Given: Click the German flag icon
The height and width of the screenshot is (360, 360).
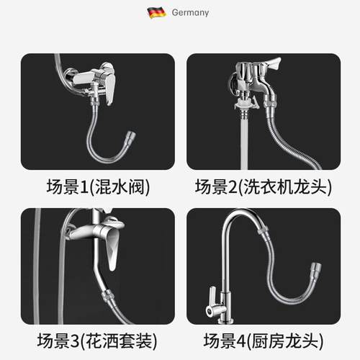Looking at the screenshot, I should click(x=156, y=12).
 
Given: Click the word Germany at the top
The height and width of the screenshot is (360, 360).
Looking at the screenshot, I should click(x=189, y=12).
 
